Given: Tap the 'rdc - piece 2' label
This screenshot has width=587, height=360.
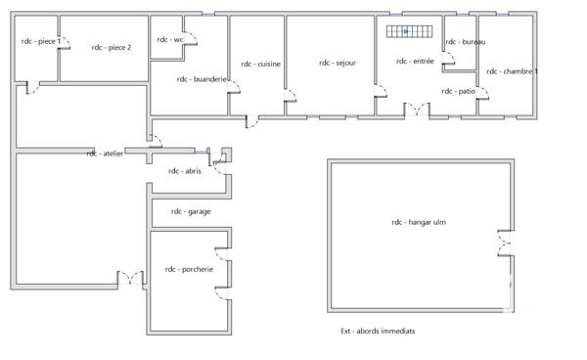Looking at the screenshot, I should tap(111, 46).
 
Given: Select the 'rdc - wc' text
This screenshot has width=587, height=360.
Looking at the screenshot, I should tap(170, 39).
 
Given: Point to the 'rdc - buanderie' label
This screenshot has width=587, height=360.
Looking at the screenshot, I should tap(203, 79).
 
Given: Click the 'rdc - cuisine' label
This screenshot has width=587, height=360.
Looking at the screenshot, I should tap(258, 64).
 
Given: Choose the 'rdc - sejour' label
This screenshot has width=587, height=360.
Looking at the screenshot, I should tap(337, 63).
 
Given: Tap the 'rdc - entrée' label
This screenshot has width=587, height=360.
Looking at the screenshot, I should tap(415, 61).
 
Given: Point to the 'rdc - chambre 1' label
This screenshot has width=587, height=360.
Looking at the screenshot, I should tap(512, 71).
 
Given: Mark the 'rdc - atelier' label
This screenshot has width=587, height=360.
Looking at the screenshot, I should tap(105, 154).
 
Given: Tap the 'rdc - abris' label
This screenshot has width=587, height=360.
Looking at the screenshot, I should tap(183, 171).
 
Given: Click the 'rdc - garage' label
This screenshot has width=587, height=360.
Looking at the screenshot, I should tap(191, 211).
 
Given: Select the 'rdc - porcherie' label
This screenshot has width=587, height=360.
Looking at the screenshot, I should tap(187, 269).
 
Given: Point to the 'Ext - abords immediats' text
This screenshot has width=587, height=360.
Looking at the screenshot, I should tap(371, 331).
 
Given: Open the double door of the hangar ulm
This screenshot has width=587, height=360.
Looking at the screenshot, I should tap(505, 244).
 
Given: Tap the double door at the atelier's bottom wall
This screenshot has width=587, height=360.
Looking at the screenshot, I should tap(129, 279).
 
